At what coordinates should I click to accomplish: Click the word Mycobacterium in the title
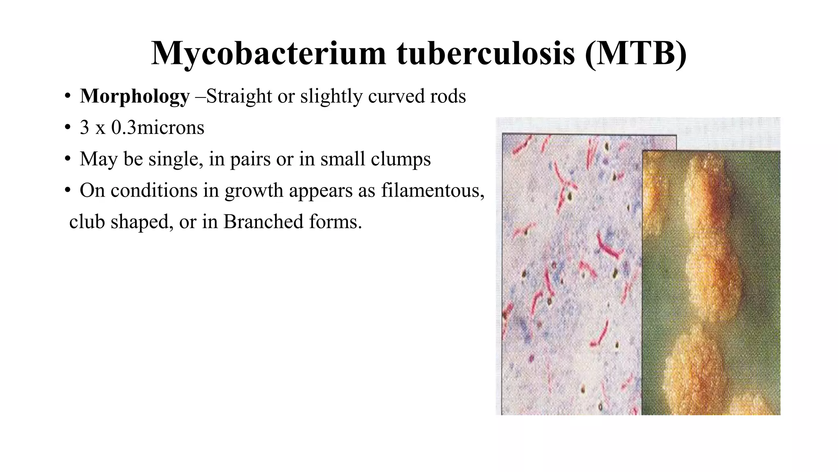coord(268,54)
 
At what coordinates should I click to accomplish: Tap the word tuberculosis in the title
coord(486,54)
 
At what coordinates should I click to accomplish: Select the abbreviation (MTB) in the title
coord(635,54)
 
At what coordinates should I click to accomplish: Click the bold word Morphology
coord(135,97)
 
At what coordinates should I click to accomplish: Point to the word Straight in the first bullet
coord(239,96)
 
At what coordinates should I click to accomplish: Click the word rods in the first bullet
coord(448,96)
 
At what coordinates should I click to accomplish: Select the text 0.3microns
coord(158,127)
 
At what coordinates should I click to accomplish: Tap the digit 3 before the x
coord(85,127)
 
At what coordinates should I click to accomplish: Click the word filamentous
coord(433,191)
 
